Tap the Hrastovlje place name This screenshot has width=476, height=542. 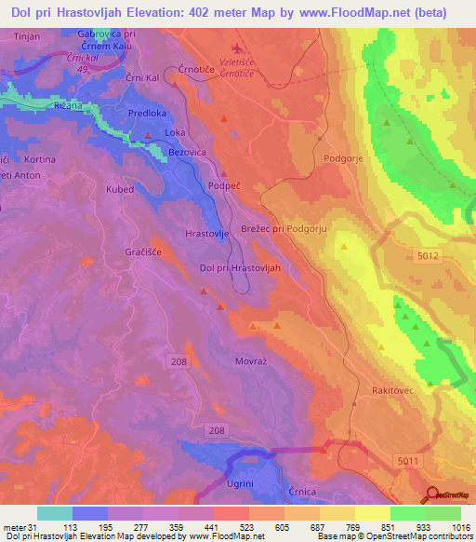pyautogui.click(x=207, y=234)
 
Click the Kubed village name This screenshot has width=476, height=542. pyautogui.click(x=120, y=189)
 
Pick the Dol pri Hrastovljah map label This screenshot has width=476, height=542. pyautogui.click(x=241, y=268)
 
